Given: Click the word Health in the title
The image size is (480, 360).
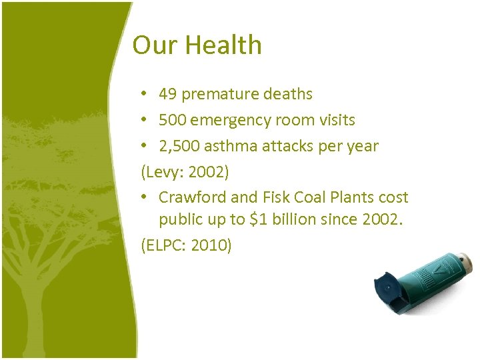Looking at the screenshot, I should [223, 45].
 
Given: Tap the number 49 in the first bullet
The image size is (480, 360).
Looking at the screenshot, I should [168, 95].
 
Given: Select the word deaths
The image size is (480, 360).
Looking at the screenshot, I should [287, 95].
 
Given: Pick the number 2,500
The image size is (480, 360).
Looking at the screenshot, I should [178, 146].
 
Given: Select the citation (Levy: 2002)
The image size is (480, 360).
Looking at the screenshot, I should [185, 172].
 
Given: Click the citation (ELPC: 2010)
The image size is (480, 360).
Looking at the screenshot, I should [186, 245].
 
